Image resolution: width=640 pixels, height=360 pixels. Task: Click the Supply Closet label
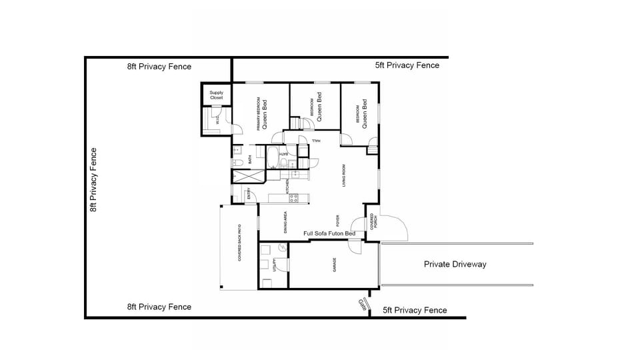(x=217, y=95)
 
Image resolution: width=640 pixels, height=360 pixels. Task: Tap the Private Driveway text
(x=455, y=265)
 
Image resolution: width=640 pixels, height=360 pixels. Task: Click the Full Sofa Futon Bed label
(x=329, y=234)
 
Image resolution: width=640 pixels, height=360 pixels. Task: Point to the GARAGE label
(x=335, y=265)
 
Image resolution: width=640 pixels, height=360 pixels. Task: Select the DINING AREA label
(x=285, y=222)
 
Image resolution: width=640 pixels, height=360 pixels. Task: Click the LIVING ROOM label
(x=344, y=175)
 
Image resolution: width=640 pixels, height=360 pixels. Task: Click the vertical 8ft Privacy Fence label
(x=94, y=180)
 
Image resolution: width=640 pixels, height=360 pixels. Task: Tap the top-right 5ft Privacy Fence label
(x=407, y=65)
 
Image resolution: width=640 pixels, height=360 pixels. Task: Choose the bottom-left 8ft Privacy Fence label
(x=159, y=307)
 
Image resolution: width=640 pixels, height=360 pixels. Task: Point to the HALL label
(x=316, y=141)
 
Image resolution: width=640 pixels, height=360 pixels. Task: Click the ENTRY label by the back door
(x=249, y=195)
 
